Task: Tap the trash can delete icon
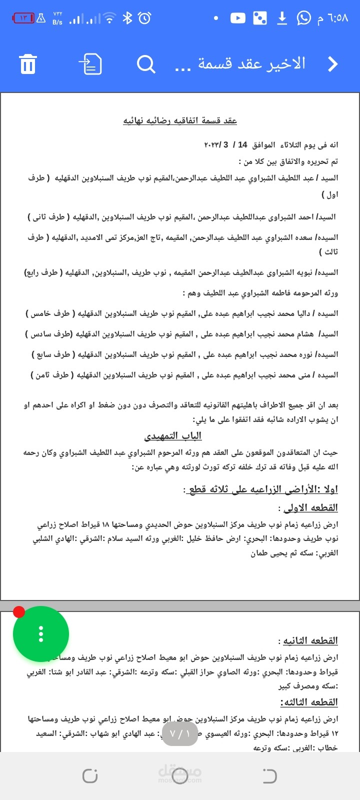[28, 64]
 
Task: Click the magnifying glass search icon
[146, 64]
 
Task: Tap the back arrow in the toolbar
[332, 64]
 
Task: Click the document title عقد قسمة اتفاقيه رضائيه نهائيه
[180, 120]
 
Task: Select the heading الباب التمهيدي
[173, 436]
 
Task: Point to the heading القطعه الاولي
[310, 508]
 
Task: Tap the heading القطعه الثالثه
[309, 702]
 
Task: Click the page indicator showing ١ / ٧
[180, 734]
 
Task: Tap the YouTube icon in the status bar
[237, 18]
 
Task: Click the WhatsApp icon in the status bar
[303, 18]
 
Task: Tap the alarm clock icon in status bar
[144, 18]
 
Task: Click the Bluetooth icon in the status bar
[127, 18]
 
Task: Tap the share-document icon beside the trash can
[90, 64]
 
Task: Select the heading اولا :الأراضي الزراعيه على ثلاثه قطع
[262, 489]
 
